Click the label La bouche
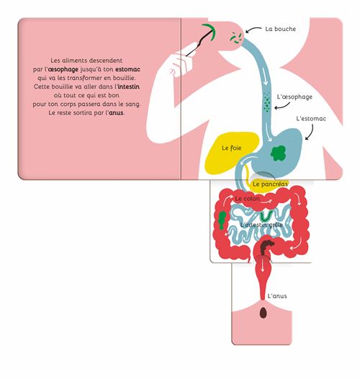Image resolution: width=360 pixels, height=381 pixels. pyautogui.click(x=281, y=29)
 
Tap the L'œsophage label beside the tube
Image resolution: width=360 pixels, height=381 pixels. pyautogui.click(x=294, y=97)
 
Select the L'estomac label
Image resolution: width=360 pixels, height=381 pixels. pyautogui.click(x=311, y=119)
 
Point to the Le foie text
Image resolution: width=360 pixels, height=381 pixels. pyautogui.click(x=232, y=148)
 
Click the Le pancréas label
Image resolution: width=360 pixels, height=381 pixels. pyautogui.click(x=270, y=184)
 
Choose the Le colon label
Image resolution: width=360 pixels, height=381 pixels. pyautogui.click(x=247, y=199)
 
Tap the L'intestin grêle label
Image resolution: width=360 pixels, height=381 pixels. pyautogui.click(x=261, y=225)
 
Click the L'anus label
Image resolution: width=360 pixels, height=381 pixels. pyautogui.click(x=277, y=296)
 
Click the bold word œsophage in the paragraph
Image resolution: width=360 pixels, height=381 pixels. pyautogui.click(x=63, y=69)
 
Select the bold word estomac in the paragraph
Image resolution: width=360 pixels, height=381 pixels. pyautogui.click(x=127, y=69)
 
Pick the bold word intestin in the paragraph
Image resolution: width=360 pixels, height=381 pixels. pyautogui.click(x=128, y=86)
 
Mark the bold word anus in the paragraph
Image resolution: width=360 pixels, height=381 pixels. pyautogui.click(x=116, y=113)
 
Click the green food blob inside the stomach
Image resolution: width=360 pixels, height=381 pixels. pyautogui.click(x=278, y=153)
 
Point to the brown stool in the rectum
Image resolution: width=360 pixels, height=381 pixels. pyautogui.click(x=266, y=246)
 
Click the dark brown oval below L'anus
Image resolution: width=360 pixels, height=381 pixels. pyautogui.click(x=263, y=313)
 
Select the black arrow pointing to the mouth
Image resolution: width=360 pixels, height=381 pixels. pyautogui.click(x=253, y=29)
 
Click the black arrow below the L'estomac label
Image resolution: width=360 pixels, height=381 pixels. pyautogui.click(x=310, y=133)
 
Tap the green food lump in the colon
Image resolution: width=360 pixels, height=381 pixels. pyautogui.click(x=222, y=220)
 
